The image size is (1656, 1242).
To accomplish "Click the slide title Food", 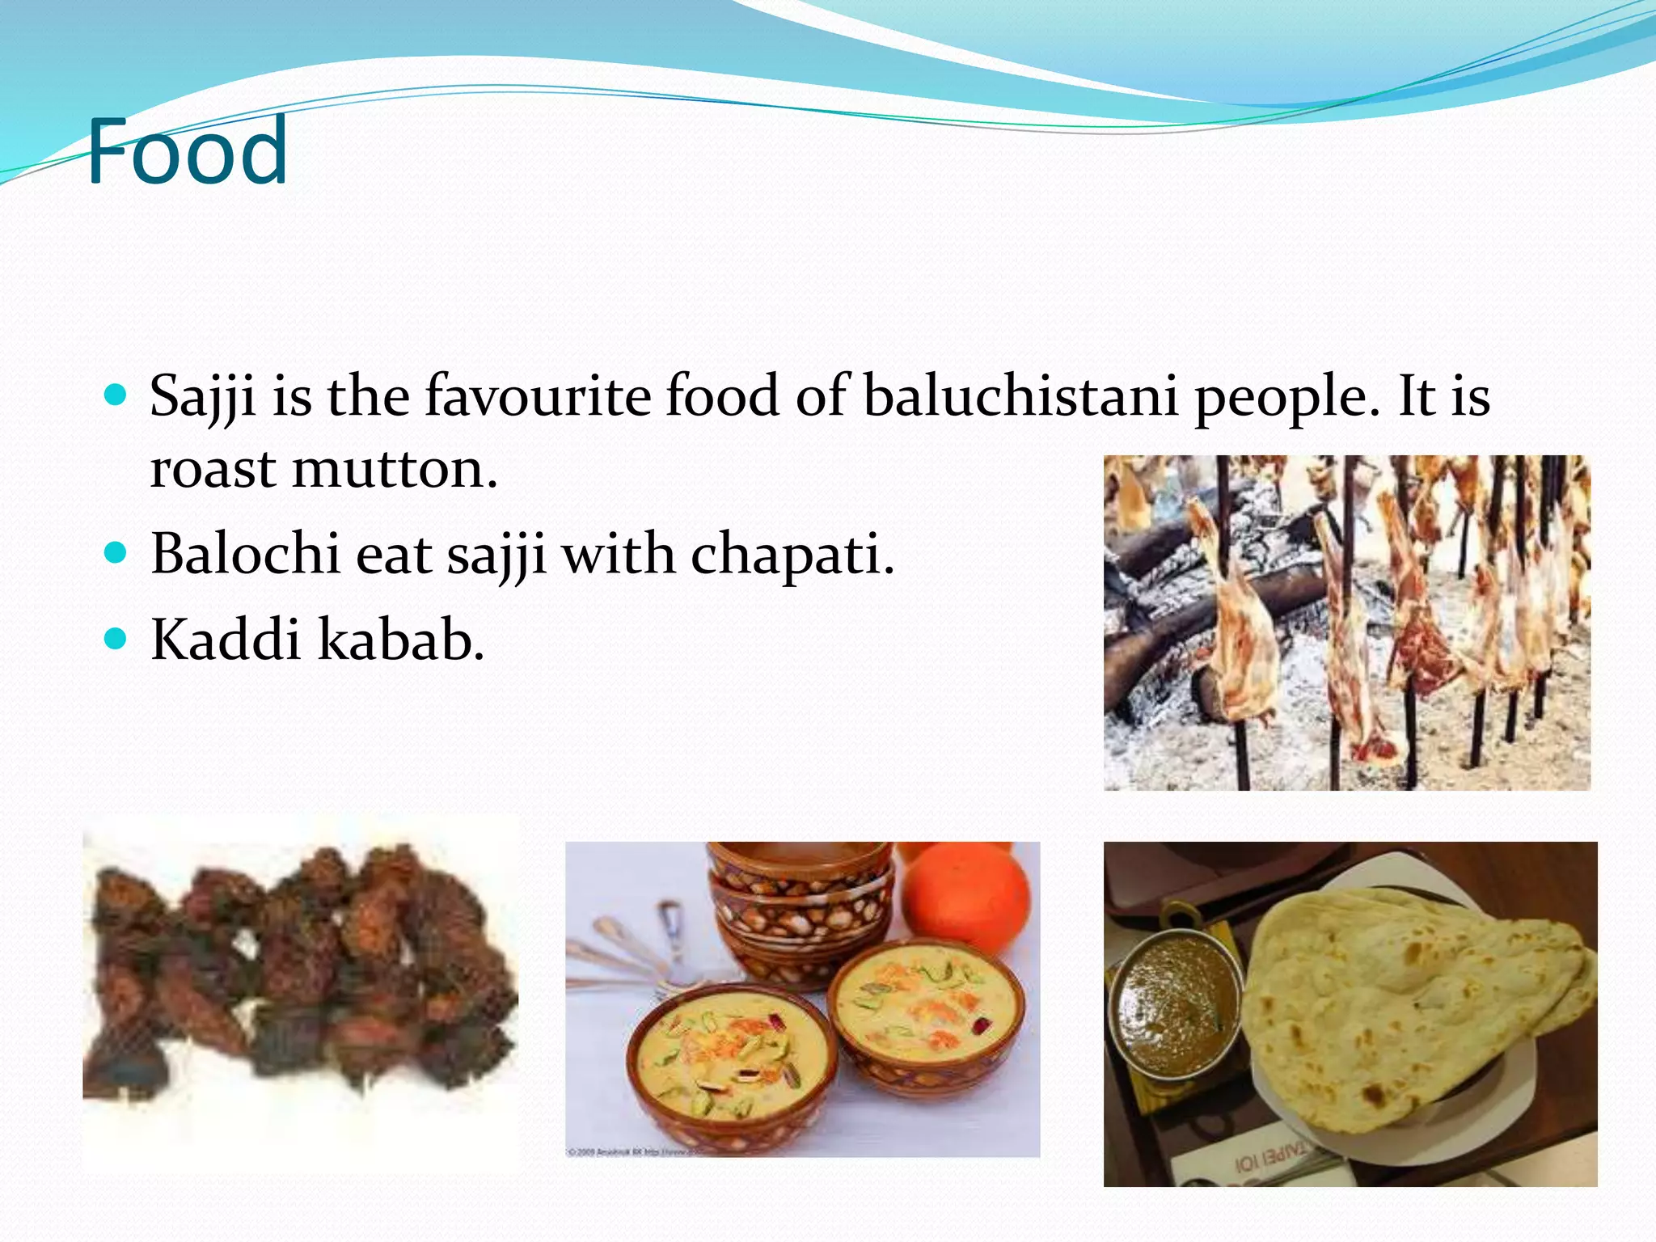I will (187, 151).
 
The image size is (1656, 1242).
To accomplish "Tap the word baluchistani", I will (1020, 396).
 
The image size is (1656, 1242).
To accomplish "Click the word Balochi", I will (245, 555).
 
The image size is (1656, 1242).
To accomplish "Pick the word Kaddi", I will (226, 640).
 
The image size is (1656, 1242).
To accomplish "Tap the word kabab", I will (401, 640).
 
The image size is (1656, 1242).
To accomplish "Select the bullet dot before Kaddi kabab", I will (116, 639).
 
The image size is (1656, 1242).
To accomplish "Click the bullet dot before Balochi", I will (116, 553).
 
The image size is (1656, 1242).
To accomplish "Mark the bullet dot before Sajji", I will (116, 395).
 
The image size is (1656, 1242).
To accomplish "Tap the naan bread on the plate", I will (1407, 1003).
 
